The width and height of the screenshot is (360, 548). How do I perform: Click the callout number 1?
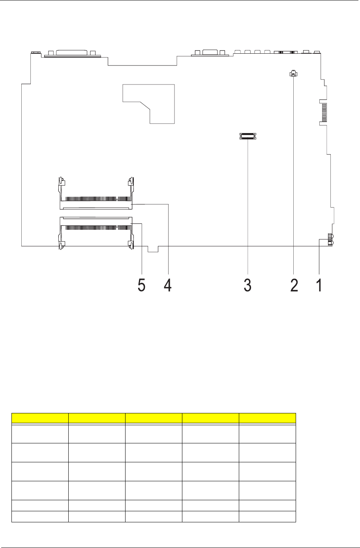(x=319, y=285)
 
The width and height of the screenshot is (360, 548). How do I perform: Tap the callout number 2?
(x=294, y=285)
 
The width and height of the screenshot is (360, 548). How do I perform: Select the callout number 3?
(x=247, y=285)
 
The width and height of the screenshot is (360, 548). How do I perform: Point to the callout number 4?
(x=168, y=285)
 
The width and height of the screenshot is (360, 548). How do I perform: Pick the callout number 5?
(x=142, y=285)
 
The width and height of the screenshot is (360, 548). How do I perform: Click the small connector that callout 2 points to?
(x=293, y=73)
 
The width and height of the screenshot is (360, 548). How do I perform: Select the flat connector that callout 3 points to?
(x=248, y=136)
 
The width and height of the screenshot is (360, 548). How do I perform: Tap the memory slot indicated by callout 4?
(x=96, y=193)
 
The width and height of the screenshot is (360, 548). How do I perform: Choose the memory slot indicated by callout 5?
(x=96, y=233)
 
